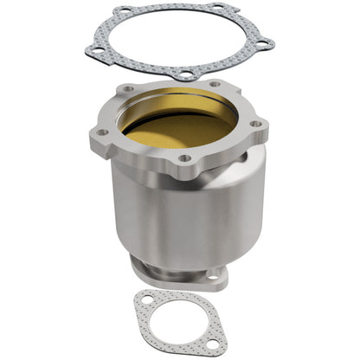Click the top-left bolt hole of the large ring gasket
pos(126,12)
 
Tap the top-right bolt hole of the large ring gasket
pos(216,10)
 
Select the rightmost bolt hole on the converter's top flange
pos(256,124)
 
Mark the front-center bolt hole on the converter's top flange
pos(183,159)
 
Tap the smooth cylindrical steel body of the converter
pos(173,212)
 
